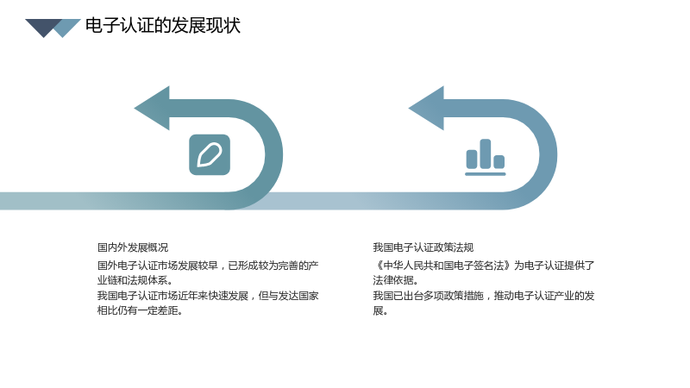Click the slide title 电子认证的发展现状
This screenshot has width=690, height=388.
click(x=163, y=26)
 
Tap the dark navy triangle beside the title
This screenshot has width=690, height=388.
click(x=43, y=27)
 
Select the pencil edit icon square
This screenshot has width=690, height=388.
click(x=210, y=155)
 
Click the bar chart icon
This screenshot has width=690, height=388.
click(x=486, y=158)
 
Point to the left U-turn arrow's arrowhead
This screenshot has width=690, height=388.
click(x=153, y=109)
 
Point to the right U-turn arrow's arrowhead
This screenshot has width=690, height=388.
click(x=427, y=109)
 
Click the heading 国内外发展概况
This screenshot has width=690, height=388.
click(x=133, y=247)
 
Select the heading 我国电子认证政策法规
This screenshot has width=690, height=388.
click(x=423, y=247)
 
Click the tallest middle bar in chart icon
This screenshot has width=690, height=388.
click(x=486, y=153)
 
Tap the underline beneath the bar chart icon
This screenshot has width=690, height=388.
click(x=486, y=174)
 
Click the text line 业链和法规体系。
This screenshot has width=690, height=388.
click(x=136, y=280)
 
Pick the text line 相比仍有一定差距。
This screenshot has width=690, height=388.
click(x=141, y=310)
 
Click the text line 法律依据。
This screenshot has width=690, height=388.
click(x=396, y=280)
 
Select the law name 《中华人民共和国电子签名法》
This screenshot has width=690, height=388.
click(x=442, y=266)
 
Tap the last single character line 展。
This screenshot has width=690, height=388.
click(x=380, y=310)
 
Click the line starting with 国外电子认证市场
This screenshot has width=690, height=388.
click(x=208, y=266)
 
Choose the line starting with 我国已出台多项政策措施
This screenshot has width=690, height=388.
click(x=484, y=296)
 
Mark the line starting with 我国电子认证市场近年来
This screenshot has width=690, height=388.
click(x=208, y=296)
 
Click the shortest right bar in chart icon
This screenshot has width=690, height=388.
click(x=499, y=162)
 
